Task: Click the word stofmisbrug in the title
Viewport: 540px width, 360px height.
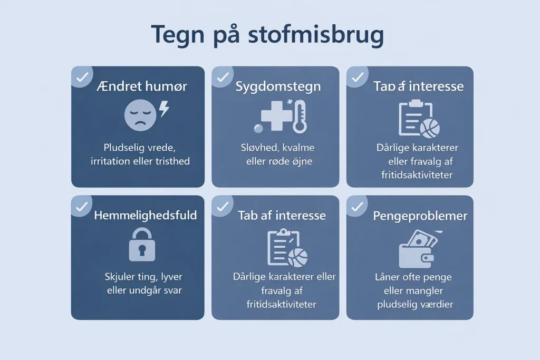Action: pyautogui.click(x=316, y=35)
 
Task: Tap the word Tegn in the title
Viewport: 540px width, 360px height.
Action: pyautogui.click(x=178, y=35)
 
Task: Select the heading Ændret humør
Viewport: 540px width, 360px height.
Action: pyautogui.click(x=142, y=86)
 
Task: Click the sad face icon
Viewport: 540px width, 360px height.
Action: pyautogui.click(x=140, y=115)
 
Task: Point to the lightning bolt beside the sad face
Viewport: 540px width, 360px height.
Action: pyautogui.click(x=165, y=109)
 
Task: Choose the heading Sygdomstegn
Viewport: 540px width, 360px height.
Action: pyautogui.click(x=278, y=86)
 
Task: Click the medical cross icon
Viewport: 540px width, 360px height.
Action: pyautogui.click(x=276, y=115)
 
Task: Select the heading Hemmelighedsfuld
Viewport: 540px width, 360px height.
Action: pyautogui.click(x=146, y=216)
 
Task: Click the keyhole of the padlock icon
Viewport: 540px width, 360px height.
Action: pyautogui.click(x=142, y=250)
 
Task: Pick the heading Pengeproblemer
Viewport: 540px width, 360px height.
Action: pyautogui.click(x=420, y=216)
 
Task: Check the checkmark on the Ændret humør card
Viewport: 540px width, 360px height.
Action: pyautogui.click(x=82, y=77)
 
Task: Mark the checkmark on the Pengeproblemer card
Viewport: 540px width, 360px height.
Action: pyautogui.click(x=357, y=207)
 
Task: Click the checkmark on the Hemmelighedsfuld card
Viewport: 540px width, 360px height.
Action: pyautogui.click(x=82, y=207)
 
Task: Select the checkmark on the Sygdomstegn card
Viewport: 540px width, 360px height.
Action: pyautogui.click(x=223, y=77)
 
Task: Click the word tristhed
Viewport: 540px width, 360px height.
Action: pyautogui.click(x=172, y=161)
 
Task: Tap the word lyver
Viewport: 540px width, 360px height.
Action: pyautogui.click(x=171, y=277)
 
